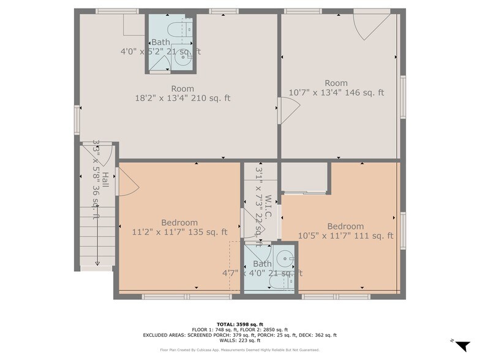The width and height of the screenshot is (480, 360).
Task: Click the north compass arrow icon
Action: tap(462, 345)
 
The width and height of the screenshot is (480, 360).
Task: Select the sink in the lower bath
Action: tap(283, 257)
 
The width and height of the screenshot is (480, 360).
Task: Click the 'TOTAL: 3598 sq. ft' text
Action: tap(240, 324)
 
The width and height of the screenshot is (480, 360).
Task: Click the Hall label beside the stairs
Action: tap(105, 180)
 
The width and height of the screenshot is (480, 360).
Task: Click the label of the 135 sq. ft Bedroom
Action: tap(179, 222)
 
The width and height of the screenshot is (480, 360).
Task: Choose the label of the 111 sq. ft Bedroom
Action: tap(345, 226)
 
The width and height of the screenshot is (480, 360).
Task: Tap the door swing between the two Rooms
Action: tap(290, 112)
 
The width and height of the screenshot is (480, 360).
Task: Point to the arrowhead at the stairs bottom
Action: tap(97, 263)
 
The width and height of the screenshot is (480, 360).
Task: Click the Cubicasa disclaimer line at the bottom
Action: tap(240, 350)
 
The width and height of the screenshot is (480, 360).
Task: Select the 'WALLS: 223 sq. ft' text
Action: tap(240, 340)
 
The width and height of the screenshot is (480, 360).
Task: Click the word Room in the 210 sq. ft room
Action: tap(182, 88)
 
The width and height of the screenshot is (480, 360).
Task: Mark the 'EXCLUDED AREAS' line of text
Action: tap(240, 335)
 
